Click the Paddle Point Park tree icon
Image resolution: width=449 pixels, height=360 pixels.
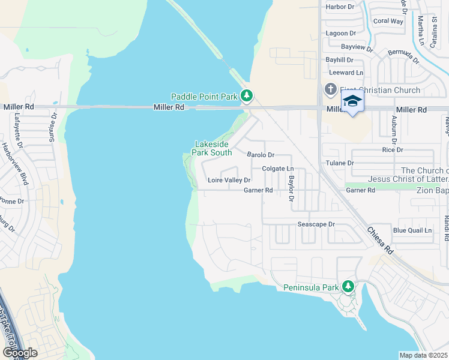[246, 95]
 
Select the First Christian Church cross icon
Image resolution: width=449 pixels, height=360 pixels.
[330, 90]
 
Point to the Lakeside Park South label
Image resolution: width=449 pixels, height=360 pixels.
[212, 148]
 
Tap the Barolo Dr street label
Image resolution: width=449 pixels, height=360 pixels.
[261, 154]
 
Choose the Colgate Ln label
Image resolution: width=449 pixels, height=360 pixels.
[277, 169]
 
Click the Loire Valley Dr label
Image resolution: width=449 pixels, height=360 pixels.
[229, 180]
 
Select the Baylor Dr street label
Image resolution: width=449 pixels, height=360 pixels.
[292, 188]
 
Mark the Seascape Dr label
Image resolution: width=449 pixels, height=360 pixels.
[316, 224]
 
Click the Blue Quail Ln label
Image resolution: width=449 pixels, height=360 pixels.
[412, 230]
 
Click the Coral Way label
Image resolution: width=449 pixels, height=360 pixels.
[388, 21]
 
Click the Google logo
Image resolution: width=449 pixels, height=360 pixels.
[19, 353]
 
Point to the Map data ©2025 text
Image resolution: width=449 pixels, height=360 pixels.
[423, 355]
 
